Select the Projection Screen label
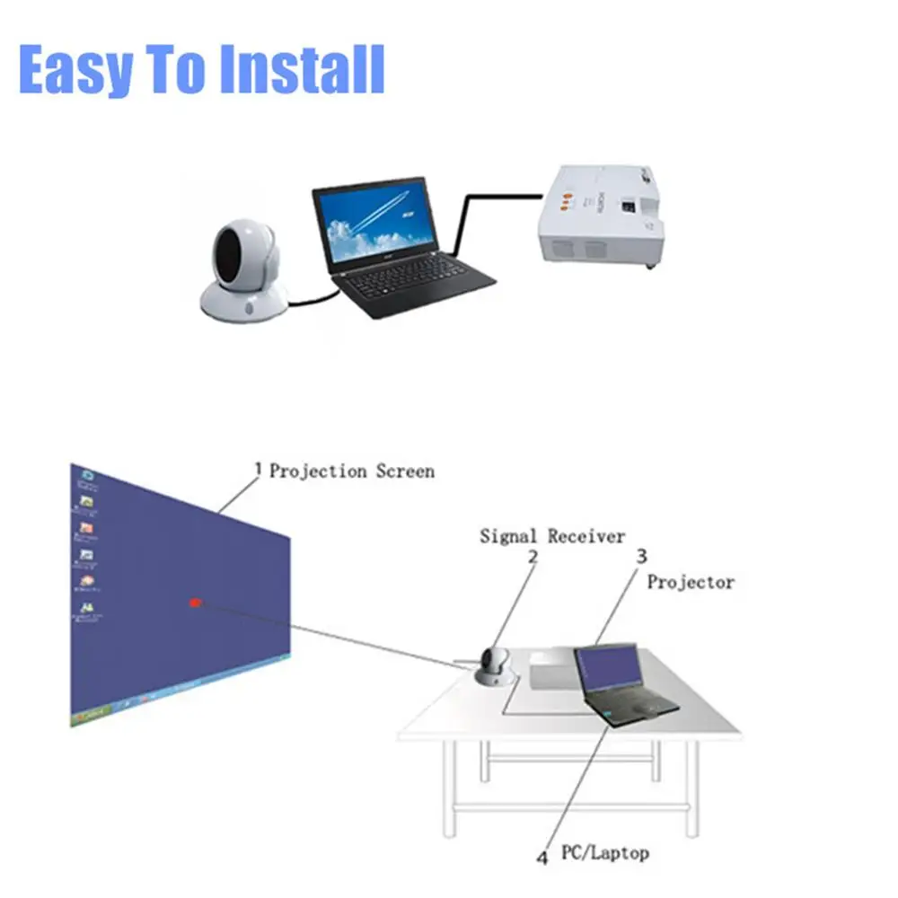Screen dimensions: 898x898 pyautogui.click(x=352, y=471)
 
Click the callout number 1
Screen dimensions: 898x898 pyautogui.click(x=259, y=469)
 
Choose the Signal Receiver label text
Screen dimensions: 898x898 pyautogui.click(x=551, y=536)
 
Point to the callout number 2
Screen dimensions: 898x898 pyautogui.click(x=533, y=557)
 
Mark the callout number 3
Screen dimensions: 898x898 pyautogui.click(x=641, y=557)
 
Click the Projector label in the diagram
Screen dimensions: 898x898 pyautogui.click(x=691, y=582)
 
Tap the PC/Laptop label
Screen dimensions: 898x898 pyautogui.click(x=604, y=851)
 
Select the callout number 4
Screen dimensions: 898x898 pyautogui.click(x=541, y=858)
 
